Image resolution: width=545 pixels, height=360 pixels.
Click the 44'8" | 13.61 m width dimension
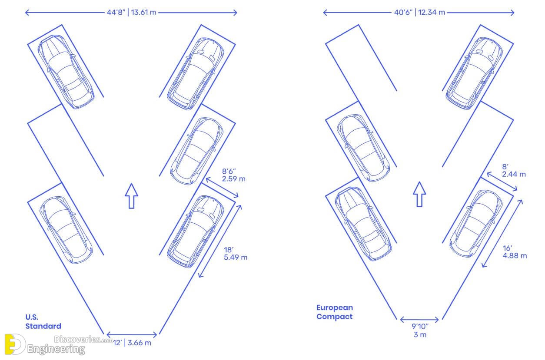(x=131, y=12)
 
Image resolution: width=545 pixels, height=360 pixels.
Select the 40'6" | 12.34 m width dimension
(x=419, y=12)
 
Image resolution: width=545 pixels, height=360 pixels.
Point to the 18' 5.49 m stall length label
(x=235, y=254)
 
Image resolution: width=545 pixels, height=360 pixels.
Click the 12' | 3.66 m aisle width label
(x=132, y=343)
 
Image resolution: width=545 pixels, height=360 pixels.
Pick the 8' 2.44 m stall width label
(x=514, y=170)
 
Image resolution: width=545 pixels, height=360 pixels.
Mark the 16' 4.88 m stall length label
(x=515, y=252)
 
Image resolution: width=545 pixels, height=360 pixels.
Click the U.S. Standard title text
(x=43, y=321)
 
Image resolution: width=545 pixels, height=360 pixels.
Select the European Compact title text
(x=335, y=312)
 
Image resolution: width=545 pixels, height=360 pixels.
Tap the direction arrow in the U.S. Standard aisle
(x=131, y=196)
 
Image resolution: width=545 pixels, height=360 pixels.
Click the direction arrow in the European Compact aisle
(x=419, y=194)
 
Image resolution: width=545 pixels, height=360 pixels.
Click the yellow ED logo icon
(x=14, y=344)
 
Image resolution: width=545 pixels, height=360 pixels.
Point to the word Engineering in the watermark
(x=56, y=349)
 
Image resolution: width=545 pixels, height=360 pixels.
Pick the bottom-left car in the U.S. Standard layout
(x=66, y=230)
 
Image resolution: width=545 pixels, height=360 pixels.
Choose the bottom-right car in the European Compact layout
(x=476, y=224)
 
